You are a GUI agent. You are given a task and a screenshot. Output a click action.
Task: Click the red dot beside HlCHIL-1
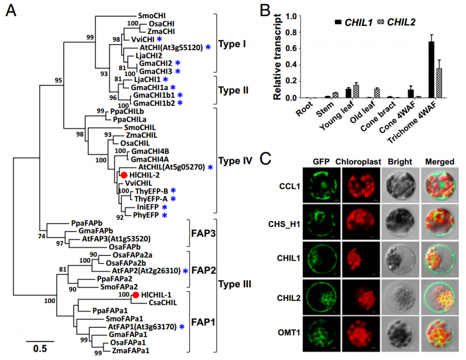click(136, 295)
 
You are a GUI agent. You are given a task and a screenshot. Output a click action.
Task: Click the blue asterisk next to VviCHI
click(159, 39)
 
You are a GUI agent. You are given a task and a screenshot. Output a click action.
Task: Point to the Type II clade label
click(234, 90)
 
